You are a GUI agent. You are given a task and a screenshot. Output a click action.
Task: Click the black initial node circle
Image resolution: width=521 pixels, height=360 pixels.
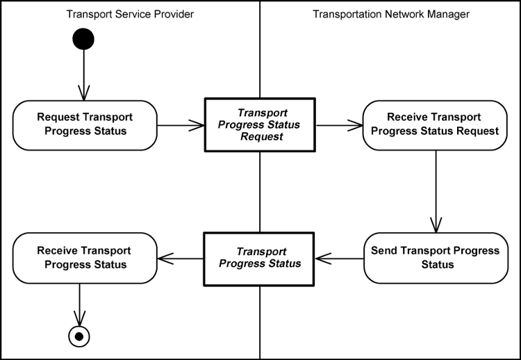click(83, 39)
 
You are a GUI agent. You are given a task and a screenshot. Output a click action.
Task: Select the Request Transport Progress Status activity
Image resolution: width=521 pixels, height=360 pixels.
click(85, 124)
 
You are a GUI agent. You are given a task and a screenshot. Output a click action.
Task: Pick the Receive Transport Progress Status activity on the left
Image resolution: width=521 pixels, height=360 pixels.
click(85, 258)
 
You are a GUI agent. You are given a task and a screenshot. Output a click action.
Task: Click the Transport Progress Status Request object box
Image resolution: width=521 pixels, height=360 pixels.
click(260, 124)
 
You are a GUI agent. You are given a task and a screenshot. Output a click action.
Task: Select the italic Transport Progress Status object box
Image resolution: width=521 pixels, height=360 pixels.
click(260, 258)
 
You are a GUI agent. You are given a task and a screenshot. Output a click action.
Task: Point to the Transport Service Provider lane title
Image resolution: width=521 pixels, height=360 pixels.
click(130, 14)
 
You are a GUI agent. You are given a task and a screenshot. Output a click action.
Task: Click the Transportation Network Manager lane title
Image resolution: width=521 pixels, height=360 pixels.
click(391, 14)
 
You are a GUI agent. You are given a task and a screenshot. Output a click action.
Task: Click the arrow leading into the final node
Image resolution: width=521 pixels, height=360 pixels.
click(80, 304)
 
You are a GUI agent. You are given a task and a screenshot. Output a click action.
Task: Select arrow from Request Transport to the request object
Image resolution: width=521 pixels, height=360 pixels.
click(181, 126)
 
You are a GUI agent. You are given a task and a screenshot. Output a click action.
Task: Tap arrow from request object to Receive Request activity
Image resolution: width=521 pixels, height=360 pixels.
click(339, 126)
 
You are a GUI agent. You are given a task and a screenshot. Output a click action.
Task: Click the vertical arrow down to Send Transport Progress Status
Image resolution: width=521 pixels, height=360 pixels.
click(436, 191)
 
